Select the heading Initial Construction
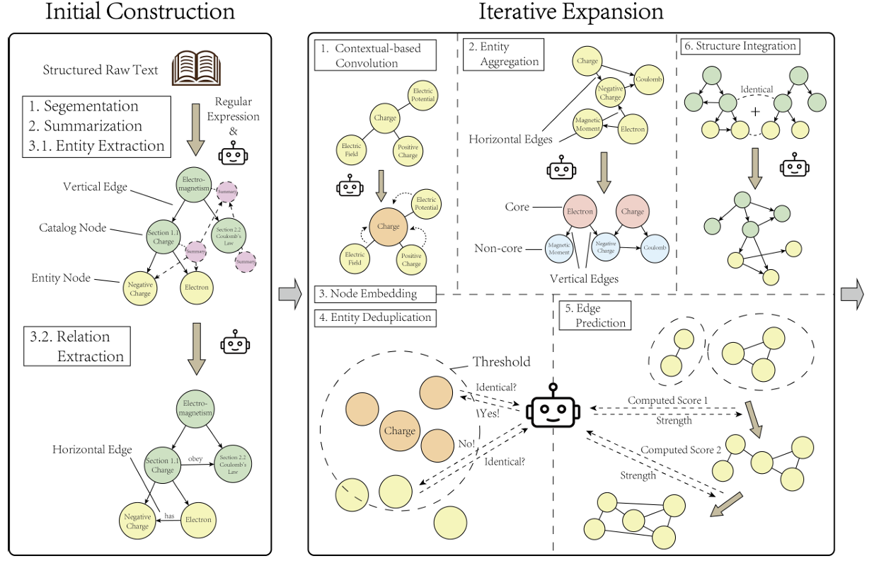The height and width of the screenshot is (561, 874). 139,12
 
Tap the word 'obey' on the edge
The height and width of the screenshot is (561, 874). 195,458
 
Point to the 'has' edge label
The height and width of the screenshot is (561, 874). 169,516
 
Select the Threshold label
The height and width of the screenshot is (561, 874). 501,362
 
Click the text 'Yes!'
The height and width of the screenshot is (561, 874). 488,414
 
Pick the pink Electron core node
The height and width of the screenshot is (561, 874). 580,211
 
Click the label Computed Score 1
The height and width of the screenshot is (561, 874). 668,400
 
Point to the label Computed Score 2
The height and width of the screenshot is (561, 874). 682,450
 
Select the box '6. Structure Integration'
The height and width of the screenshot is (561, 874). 740,46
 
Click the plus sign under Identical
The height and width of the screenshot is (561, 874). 755,111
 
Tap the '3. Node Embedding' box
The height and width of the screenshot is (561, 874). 375,293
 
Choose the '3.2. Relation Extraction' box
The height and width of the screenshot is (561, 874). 77,346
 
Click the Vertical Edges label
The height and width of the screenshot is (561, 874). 584,278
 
